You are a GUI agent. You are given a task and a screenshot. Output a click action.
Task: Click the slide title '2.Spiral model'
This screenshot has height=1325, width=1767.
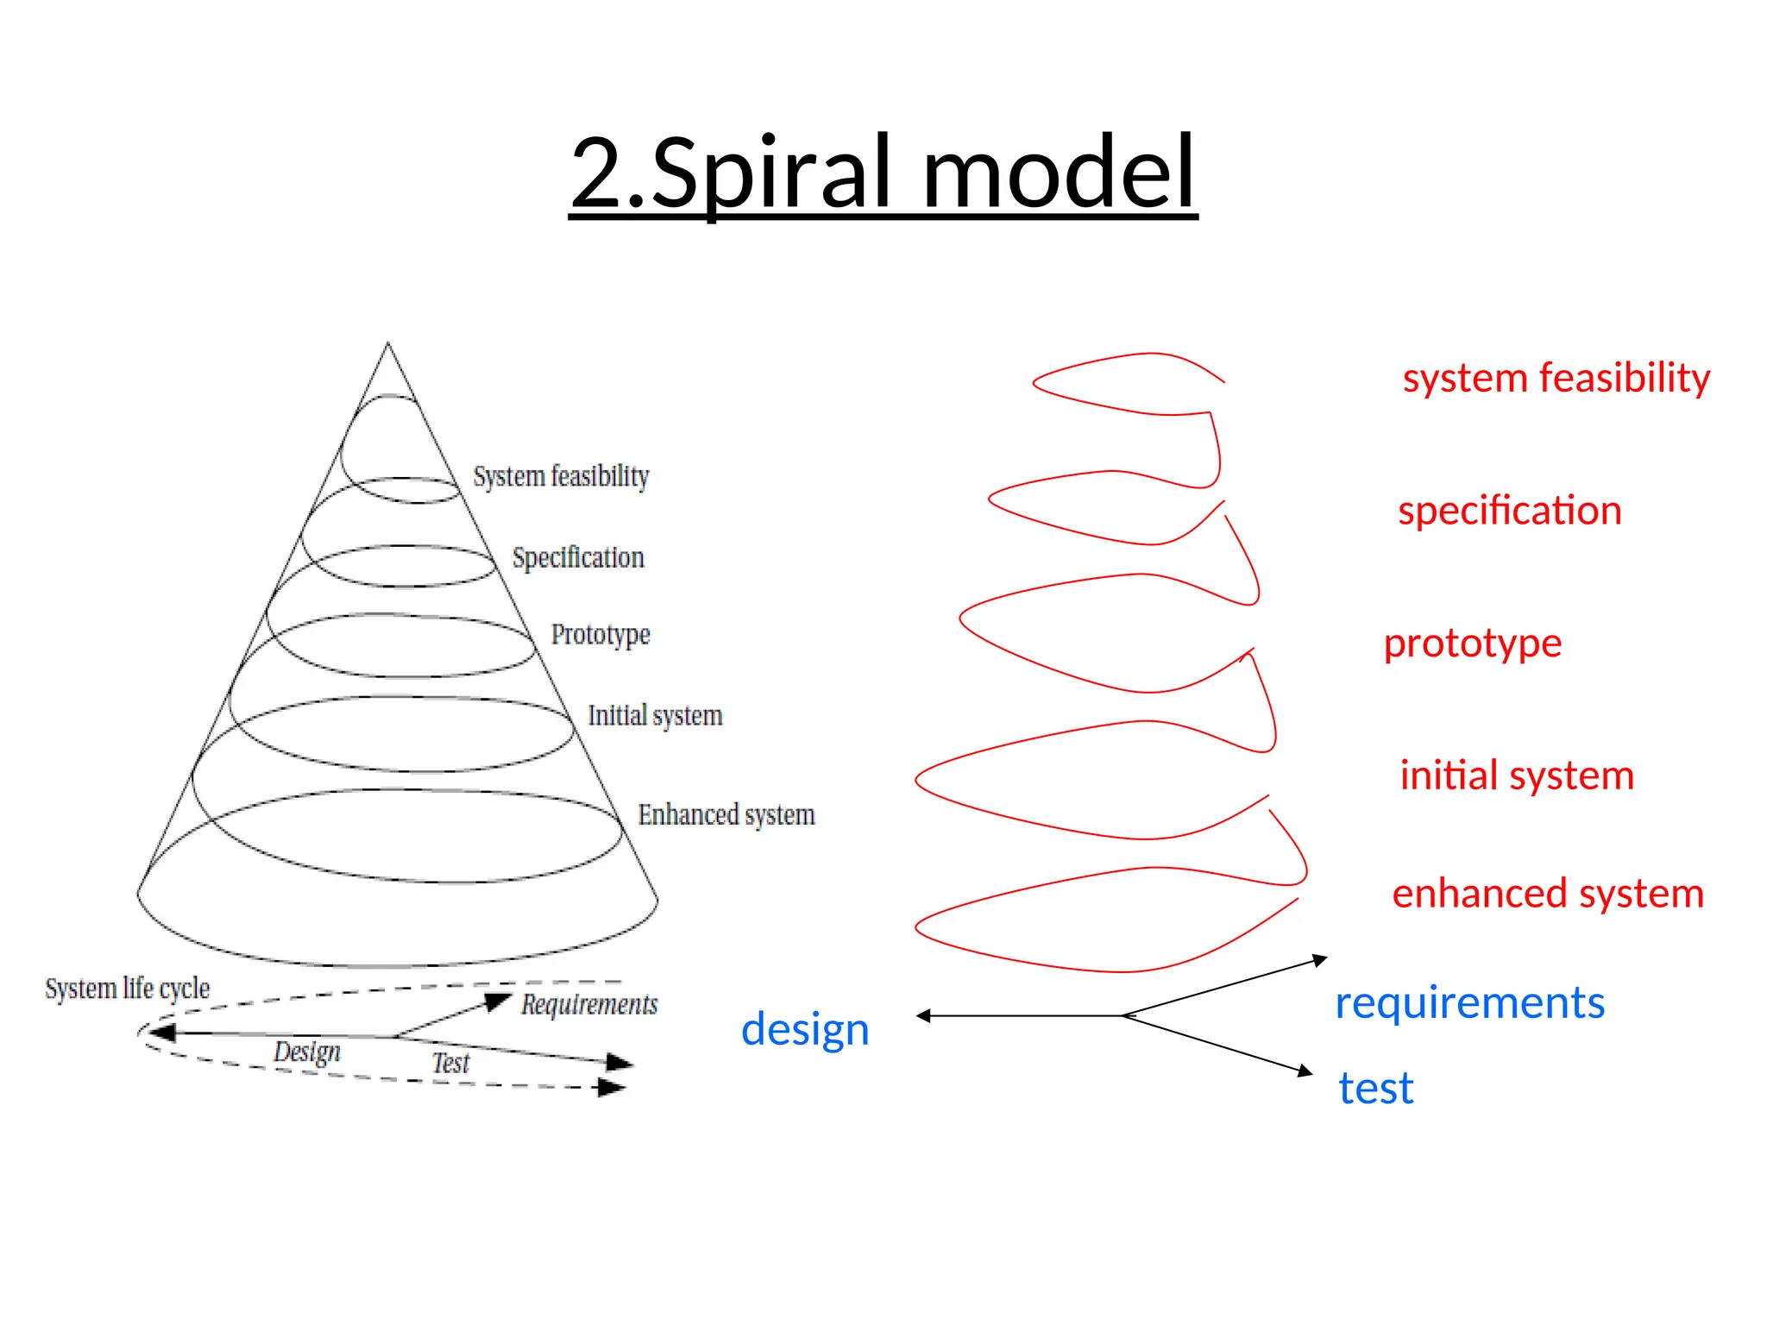pyautogui.click(x=883, y=173)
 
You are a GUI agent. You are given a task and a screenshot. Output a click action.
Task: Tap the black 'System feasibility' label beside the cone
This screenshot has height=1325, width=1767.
pyautogui.click(x=561, y=476)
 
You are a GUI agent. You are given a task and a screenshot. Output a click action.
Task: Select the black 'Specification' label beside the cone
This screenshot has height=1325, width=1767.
pyautogui.click(x=578, y=557)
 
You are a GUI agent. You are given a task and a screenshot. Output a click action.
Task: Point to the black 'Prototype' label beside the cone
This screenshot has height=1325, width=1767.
pyautogui.click(x=601, y=634)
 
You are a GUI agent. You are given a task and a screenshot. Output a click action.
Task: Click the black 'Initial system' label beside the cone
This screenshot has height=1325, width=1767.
pyautogui.click(x=655, y=715)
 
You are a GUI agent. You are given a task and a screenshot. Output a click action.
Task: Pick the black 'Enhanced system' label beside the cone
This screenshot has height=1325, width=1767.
pyautogui.click(x=726, y=814)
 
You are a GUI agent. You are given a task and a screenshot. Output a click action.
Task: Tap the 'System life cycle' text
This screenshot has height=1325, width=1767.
pyautogui.click(x=128, y=988)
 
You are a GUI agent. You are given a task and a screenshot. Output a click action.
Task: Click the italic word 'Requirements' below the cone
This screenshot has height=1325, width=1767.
pyautogui.click(x=589, y=1004)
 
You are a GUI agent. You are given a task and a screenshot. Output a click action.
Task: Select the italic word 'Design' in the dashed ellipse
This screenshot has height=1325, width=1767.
pyautogui.click(x=307, y=1052)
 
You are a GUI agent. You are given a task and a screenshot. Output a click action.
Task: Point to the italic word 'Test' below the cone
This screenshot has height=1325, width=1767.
pyautogui.click(x=450, y=1063)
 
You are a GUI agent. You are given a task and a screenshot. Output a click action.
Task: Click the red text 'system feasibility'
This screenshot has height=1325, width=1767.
pyautogui.click(x=1556, y=378)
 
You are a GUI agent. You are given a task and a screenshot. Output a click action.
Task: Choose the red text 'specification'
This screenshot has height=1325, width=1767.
pyautogui.click(x=1509, y=511)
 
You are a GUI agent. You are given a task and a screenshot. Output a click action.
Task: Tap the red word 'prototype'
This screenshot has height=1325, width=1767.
pyautogui.click(x=1472, y=644)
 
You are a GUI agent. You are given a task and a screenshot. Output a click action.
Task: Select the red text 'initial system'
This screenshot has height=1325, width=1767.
pyautogui.click(x=1517, y=775)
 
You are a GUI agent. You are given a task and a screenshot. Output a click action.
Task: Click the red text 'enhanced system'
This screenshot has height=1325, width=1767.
pyautogui.click(x=1548, y=893)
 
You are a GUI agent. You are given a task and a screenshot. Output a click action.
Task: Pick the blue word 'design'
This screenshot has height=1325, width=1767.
pyautogui.click(x=805, y=1029)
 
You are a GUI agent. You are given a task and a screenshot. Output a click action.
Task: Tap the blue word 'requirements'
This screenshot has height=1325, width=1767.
pyautogui.click(x=1469, y=1002)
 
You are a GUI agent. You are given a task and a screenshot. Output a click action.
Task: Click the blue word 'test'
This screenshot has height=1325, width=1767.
pyautogui.click(x=1375, y=1088)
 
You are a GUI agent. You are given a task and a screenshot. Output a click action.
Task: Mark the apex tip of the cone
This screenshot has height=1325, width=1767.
pyautogui.click(x=387, y=343)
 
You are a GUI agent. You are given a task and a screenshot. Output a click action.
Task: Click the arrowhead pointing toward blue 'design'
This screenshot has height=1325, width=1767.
pyautogui.click(x=922, y=1016)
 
